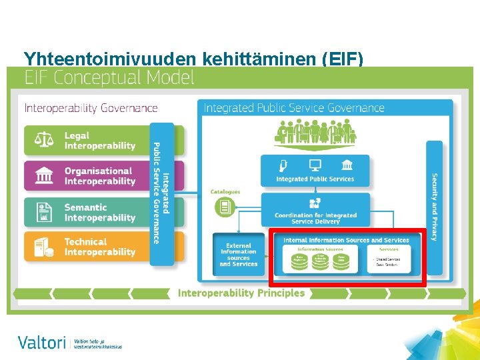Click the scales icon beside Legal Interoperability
[44, 141]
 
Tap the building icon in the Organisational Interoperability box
[44, 176]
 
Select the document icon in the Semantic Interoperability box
[44, 212]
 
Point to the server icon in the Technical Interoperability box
[44, 247]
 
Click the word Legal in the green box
[77, 136]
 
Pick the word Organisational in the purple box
[98, 171]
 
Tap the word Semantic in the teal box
[85, 207]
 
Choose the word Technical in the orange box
[85, 242]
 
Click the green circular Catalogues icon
[225, 207]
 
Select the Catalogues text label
[225, 192]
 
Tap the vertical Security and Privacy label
[435, 207]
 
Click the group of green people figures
[315, 131]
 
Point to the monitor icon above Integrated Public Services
[315, 165]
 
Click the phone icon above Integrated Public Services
[284, 165]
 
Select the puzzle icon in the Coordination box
[315, 204]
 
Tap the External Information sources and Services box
[239, 254]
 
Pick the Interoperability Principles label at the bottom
[241, 293]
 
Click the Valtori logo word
[42, 343]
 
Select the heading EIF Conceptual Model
[109, 78]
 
